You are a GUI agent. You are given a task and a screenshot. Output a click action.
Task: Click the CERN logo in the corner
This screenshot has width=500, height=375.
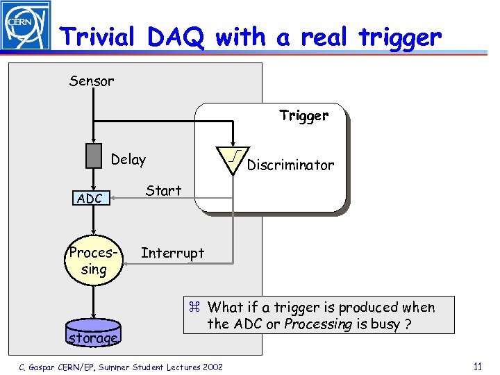click(26, 26)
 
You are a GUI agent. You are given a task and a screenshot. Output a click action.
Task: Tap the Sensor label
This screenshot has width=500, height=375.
click(92, 81)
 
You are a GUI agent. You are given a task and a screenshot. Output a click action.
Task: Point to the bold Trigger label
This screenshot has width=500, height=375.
click(303, 116)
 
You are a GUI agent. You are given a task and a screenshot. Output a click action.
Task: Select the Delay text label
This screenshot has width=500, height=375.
click(128, 160)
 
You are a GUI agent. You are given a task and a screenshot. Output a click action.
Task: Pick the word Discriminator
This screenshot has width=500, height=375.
click(290, 165)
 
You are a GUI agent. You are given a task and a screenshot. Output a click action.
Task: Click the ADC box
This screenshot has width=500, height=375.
click(90, 199)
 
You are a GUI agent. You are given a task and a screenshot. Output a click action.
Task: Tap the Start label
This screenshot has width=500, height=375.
click(163, 191)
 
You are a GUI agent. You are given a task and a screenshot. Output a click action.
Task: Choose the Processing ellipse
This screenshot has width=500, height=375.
click(94, 261)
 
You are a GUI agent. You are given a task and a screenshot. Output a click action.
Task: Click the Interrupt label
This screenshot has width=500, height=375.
click(172, 253)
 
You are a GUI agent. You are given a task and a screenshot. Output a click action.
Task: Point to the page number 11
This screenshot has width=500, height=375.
click(476, 367)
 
